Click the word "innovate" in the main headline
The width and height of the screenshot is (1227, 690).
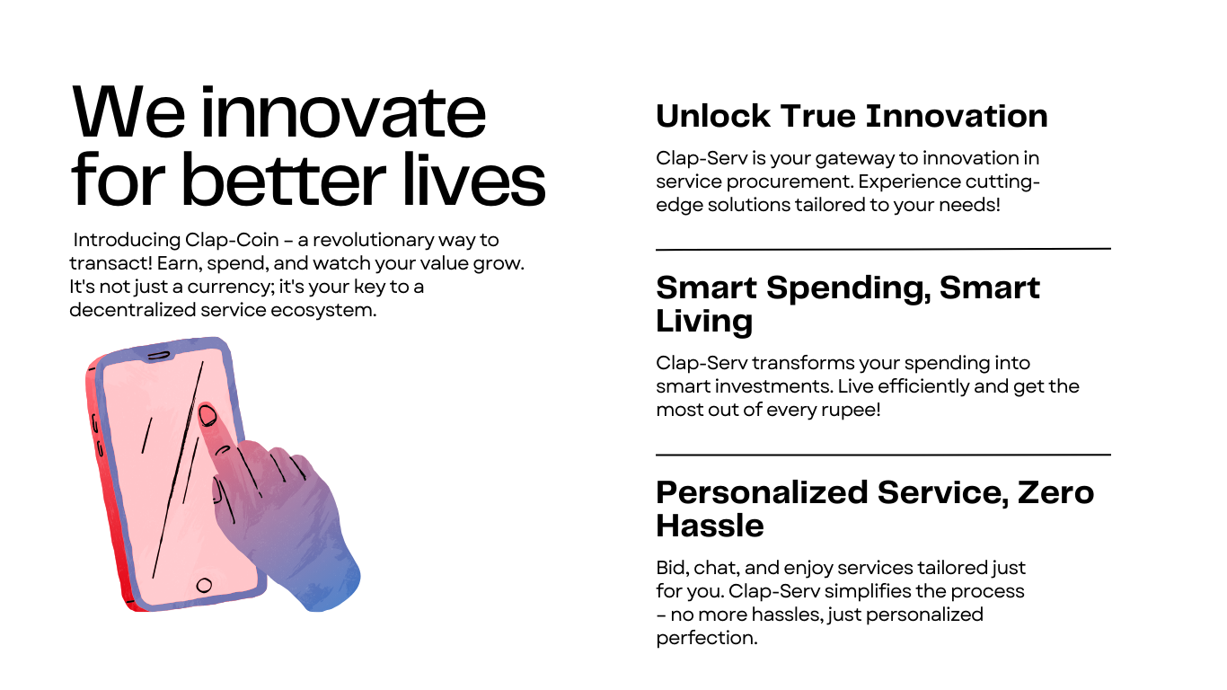point(343,112)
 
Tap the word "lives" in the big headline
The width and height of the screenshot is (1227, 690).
point(474,179)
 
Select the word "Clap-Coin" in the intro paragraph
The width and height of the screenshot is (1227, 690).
point(232,240)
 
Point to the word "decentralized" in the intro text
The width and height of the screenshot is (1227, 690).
point(132,310)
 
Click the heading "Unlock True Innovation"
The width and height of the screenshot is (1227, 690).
point(852,116)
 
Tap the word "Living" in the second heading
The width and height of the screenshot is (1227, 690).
point(704,321)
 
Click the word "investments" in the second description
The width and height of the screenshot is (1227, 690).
point(772,386)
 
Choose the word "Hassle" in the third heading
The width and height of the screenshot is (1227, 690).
point(710,526)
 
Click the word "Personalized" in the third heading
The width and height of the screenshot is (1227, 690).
point(763,492)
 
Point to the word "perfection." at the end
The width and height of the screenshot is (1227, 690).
point(707,638)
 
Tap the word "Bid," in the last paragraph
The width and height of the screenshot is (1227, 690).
point(672,568)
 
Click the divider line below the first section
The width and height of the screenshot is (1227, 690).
point(883,250)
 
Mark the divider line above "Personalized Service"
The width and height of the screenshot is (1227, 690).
point(883,455)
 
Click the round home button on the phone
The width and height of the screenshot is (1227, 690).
point(204,585)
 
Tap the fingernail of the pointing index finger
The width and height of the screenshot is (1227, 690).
point(207,415)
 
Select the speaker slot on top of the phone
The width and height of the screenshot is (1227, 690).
point(159,356)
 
